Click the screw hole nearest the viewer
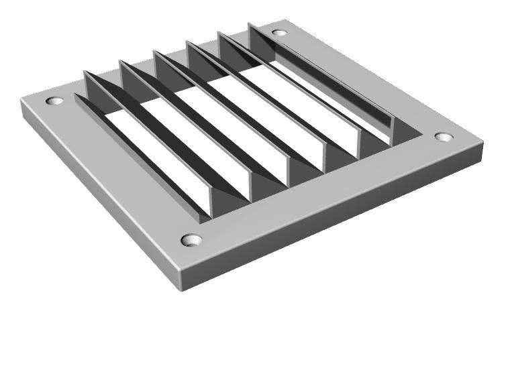click(191, 239)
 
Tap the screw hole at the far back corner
click(279, 32)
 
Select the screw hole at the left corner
click(54, 101)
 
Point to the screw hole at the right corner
click(444, 137)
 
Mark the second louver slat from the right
click(289, 87)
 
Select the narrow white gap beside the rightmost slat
click(336, 101)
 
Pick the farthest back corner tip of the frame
click(285, 20)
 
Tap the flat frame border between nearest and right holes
click(322, 191)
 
